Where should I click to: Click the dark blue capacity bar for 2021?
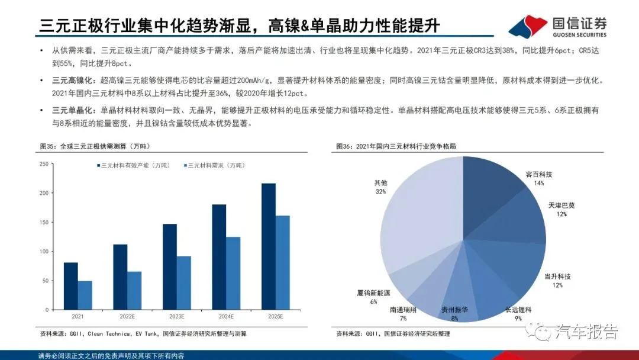(x=71, y=286)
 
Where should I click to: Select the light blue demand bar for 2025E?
(x=283, y=262)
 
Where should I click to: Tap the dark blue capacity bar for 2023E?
(x=170, y=266)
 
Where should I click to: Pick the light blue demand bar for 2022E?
(x=134, y=291)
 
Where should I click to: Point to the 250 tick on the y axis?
(x=44, y=164)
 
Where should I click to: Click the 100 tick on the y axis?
(x=44, y=252)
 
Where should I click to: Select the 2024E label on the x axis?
(x=226, y=316)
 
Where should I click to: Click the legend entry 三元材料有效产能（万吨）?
(x=133, y=166)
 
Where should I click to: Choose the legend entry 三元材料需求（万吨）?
(x=214, y=166)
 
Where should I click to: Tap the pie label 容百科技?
(x=539, y=175)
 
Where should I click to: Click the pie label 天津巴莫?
(x=561, y=205)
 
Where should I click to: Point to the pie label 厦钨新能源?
(x=373, y=293)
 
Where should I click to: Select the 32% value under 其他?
(x=380, y=192)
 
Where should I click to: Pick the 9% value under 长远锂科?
(x=518, y=319)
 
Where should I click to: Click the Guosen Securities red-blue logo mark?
(x=528, y=26)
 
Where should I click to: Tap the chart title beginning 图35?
(x=95, y=146)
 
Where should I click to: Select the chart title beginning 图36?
(x=396, y=146)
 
